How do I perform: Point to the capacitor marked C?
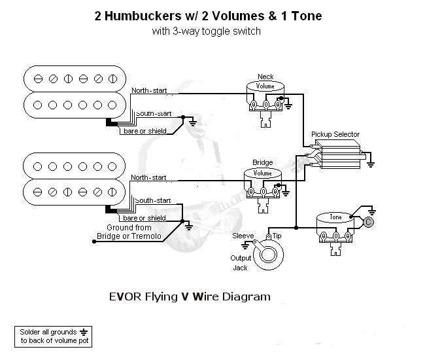(369, 223)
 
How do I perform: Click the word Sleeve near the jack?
(243, 234)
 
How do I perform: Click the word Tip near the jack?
(277, 234)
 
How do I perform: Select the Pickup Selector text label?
(335, 134)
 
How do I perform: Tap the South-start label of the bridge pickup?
(154, 200)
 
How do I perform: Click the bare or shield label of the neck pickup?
(144, 131)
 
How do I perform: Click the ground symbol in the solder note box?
(82, 332)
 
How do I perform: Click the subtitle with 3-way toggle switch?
(207, 31)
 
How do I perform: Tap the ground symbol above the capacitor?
(371, 211)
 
